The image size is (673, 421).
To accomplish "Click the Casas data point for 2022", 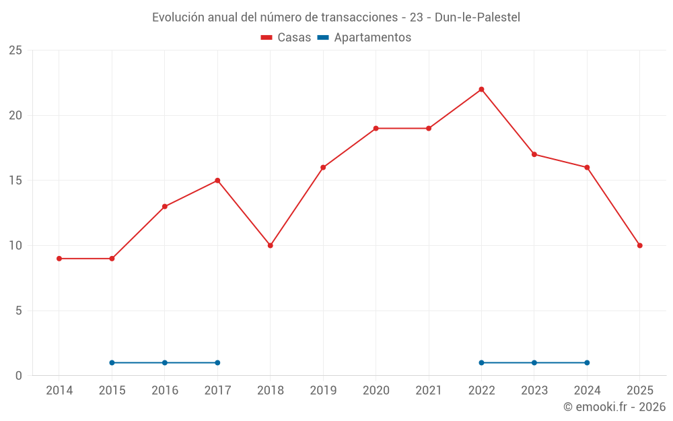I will click(x=481, y=90).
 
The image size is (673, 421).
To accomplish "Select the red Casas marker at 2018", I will click(x=271, y=245).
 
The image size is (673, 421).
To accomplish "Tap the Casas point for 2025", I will click(x=640, y=245).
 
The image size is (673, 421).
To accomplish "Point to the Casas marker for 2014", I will click(x=59, y=259).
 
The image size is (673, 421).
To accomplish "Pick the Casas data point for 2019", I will click(x=323, y=167).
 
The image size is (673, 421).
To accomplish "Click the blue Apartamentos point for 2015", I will click(x=112, y=362).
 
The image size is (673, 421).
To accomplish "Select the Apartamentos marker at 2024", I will click(x=587, y=362).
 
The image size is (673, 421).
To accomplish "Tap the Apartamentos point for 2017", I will click(x=217, y=362).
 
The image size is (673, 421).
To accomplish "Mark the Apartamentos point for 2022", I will click(x=481, y=362).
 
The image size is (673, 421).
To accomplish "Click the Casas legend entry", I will click(x=286, y=38).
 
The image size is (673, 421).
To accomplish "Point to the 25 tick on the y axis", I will click(x=15, y=51).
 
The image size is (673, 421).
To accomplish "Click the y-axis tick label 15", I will click(x=15, y=181).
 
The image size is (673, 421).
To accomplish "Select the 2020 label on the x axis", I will click(x=376, y=391).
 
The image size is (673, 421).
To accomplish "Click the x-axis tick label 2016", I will click(x=165, y=391).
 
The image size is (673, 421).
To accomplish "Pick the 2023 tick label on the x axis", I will click(x=534, y=391).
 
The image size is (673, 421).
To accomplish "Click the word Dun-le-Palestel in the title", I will click(x=477, y=17).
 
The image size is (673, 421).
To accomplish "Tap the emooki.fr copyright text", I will click(x=614, y=407).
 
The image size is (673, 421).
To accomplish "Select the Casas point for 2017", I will click(x=217, y=181).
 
